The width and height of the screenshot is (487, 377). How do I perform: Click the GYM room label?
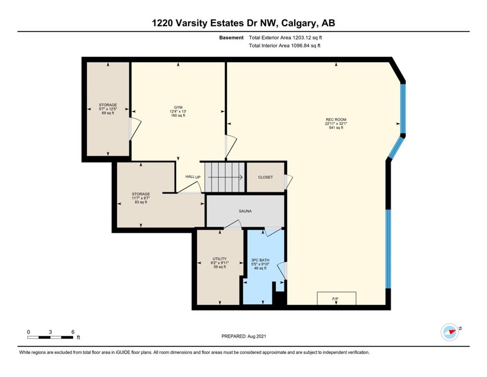[x=178, y=108]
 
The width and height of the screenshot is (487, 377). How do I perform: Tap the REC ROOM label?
[x=336, y=120]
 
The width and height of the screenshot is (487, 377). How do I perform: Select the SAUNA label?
[x=245, y=212]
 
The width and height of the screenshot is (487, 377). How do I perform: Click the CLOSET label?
[x=265, y=177]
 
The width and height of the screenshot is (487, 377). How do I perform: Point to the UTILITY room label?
[x=220, y=259]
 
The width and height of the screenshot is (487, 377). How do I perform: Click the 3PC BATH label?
[x=260, y=260]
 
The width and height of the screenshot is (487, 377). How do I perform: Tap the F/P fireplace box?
[x=336, y=298]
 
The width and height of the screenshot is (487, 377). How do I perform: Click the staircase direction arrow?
[x=225, y=178]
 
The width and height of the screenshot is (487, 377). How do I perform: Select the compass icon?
[x=450, y=332]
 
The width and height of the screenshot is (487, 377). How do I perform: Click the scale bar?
[x=51, y=337]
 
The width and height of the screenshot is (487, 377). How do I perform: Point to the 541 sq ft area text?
[x=336, y=128]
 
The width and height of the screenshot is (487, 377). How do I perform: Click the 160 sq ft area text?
[x=178, y=116]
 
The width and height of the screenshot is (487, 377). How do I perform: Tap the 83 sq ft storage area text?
[x=141, y=202]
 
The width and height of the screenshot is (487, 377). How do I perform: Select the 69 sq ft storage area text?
[x=108, y=113]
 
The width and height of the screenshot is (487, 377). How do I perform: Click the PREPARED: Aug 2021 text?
[x=244, y=336]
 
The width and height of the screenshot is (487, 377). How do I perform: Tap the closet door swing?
[x=288, y=182]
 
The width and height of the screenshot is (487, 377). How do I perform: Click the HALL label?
[x=190, y=177]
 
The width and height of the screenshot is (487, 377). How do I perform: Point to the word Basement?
[x=231, y=38]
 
